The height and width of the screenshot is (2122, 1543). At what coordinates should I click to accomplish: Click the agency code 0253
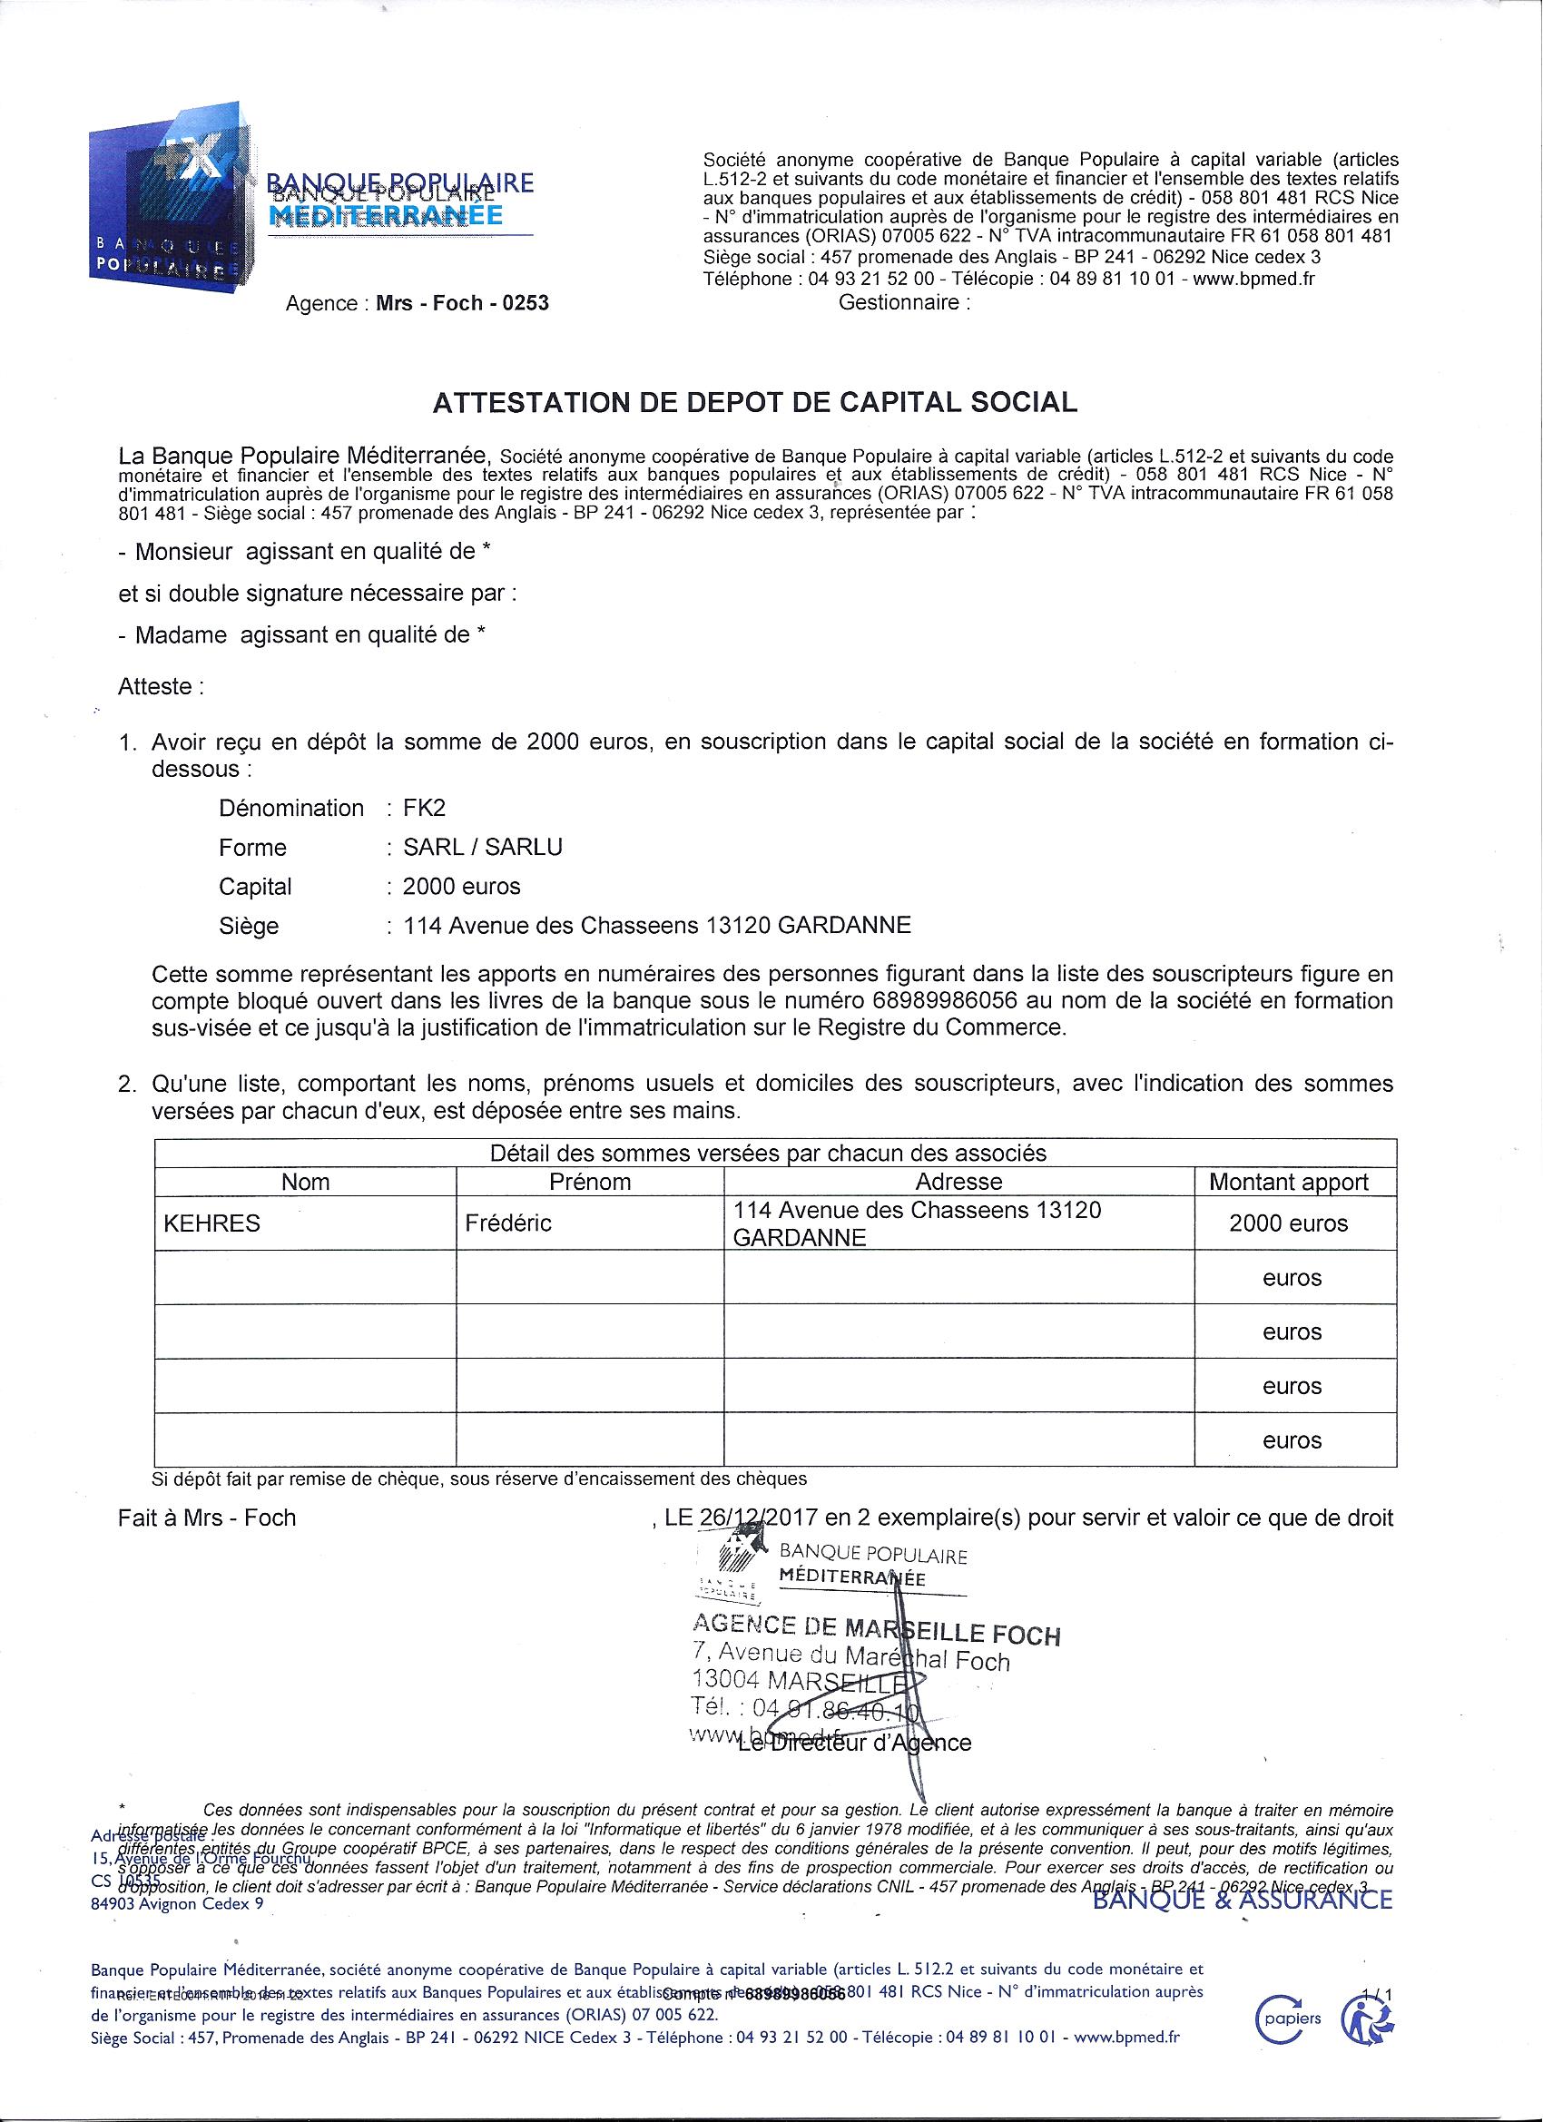525,303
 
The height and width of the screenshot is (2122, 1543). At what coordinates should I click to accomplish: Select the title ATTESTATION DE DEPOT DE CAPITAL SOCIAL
754,402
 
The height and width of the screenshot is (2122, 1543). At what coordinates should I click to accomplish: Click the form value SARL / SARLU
483,848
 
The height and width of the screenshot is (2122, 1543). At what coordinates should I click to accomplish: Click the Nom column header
305,1182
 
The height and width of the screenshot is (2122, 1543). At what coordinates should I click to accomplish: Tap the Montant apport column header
1289,1182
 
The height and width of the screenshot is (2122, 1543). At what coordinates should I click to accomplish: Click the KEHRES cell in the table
211,1223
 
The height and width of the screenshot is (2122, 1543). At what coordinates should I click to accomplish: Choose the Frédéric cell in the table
508,1223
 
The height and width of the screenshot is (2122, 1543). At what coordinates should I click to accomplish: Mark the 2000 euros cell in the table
1289,1223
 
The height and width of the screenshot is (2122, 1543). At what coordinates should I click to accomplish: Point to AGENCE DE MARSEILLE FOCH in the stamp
875,1630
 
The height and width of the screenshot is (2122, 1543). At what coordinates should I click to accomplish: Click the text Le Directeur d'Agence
855,1743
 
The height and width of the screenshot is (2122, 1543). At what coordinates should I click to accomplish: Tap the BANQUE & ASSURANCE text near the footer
1243,1900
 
